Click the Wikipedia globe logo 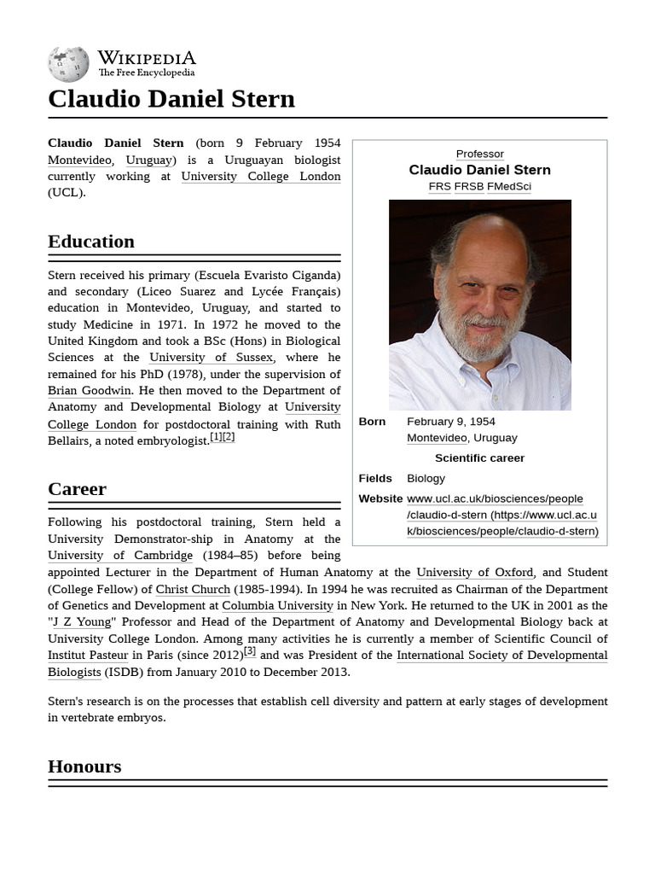pos(68,64)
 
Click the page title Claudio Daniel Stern pos(171,99)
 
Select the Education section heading pos(91,242)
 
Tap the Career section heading pos(77,489)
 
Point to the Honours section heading pos(84,766)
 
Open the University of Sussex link pos(211,358)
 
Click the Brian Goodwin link pos(90,391)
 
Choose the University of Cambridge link pos(120,556)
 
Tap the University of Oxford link pos(475,573)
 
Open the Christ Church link pos(193,589)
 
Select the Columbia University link pos(277,606)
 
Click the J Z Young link pos(82,622)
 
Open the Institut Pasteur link pos(88,655)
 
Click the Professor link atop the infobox pos(479,154)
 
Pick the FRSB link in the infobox pos(468,186)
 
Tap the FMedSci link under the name pos(509,186)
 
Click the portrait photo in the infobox pos(479,305)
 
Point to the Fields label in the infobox pos(375,479)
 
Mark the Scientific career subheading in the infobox pos(479,458)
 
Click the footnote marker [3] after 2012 pos(250,651)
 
